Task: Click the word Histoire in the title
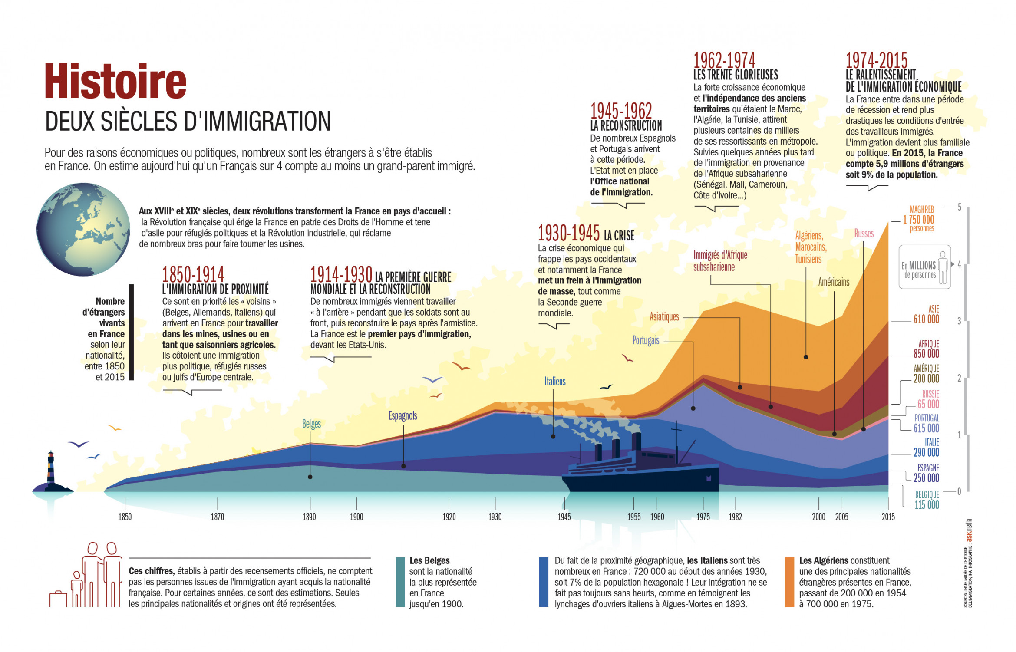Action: point(115,81)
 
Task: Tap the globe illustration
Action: point(83,229)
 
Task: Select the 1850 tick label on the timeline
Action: point(125,517)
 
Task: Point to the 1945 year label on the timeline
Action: point(564,517)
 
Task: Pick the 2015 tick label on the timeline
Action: point(888,517)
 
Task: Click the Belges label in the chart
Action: point(311,424)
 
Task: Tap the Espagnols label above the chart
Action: point(402,416)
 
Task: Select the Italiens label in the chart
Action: point(555,382)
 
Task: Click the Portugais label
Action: point(646,340)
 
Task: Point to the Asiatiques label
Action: point(664,317)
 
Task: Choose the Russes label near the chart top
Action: point(864,234)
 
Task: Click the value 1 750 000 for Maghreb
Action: point(918,220)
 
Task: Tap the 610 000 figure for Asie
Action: point(926,319)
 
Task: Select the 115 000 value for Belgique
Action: point(927,505)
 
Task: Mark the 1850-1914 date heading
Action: point(193,274)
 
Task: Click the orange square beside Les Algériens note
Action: point(789,582)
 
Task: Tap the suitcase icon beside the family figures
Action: point(58,599)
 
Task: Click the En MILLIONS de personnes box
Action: point(924,267)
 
